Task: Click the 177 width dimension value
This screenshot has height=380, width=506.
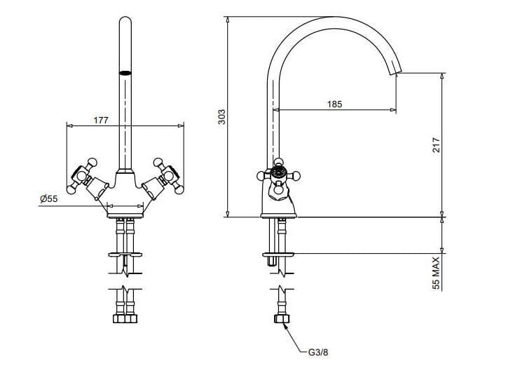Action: click(x=101, y=120)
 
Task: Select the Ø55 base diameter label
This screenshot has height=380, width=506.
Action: click(x=48, y=199)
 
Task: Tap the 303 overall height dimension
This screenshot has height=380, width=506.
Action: click(x=221, y=116)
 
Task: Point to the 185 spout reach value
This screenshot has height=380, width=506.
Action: click(x=334, y=104)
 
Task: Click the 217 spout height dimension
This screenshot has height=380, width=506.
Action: click(x=435, y=144)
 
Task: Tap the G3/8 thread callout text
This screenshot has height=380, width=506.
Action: click(x=317, y=352)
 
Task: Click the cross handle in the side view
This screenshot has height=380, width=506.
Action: click(x=279, y=174)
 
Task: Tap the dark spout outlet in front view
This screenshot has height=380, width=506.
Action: click(x=125, y=72)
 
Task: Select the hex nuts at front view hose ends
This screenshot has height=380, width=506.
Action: click(x=125, y=319)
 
